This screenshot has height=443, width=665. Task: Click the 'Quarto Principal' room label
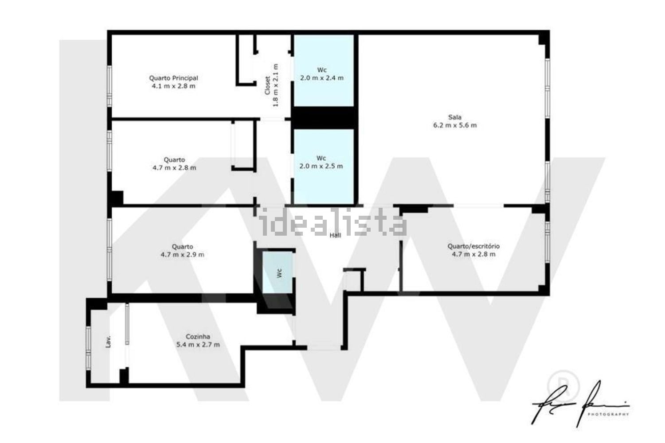[173, 78]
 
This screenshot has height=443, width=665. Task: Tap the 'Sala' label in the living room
[454, 117]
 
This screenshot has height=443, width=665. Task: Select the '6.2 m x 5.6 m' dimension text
[455, 125]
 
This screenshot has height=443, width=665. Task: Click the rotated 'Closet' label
[267, 85]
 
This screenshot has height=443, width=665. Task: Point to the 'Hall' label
[335, 235]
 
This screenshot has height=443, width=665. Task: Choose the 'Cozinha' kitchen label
[198, 337]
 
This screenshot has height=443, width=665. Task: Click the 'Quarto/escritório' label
[473, 246]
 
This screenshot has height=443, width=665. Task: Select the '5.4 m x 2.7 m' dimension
[198, 345]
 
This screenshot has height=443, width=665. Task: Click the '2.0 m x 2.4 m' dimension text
[322, 78]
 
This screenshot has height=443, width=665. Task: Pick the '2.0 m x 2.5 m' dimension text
[321, 167]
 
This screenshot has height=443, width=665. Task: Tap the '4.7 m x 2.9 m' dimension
[182, 255]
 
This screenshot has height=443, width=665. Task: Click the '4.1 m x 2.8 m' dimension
[173, 86]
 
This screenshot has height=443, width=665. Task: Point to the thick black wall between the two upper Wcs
[324, 117]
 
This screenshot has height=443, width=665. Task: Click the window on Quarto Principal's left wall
[109, 85]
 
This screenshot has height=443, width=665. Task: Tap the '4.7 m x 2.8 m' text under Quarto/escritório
[473, 254]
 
